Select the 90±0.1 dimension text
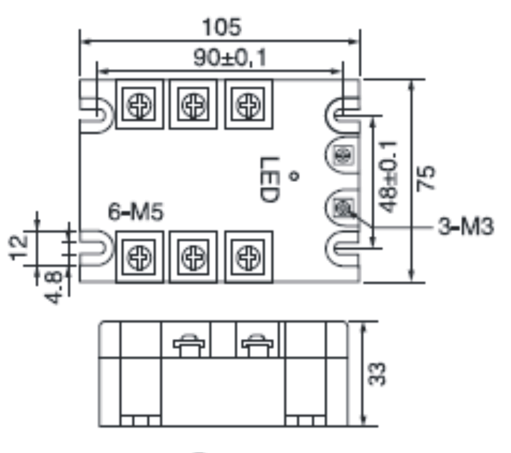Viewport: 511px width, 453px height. click(x=230, y=59)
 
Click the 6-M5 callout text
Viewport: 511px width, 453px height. click(x=136, y=212)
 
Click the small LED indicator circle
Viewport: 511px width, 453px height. click(x=295, y=177)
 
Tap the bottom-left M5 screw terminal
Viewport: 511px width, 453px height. click(x=139, y=256)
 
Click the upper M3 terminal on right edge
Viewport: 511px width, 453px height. click(x=341, y=155)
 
